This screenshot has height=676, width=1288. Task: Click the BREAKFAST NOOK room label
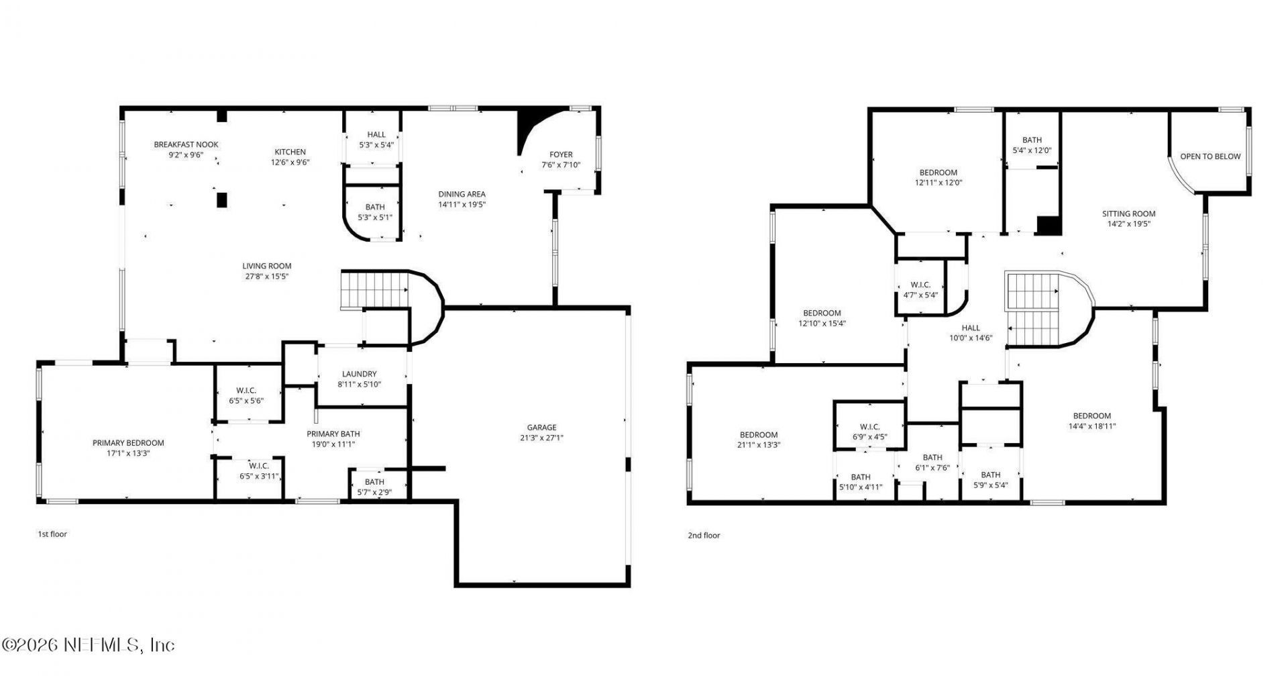coord(186,145)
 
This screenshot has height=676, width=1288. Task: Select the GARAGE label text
coord(541,428)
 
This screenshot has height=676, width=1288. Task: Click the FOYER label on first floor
coord(561,155)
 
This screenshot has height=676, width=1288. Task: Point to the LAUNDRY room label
coord(359,375)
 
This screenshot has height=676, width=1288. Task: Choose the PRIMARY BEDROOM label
coord(128,443)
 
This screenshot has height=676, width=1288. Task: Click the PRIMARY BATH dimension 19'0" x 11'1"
coord(333,444)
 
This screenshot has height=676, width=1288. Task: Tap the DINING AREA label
coord(462,195)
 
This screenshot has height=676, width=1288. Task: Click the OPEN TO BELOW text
coord(1210,156)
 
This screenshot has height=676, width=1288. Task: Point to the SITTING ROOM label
coord(1128,214)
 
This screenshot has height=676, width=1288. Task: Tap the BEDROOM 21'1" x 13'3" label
coord(759,440)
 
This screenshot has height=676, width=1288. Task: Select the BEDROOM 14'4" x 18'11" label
coord(1091,421)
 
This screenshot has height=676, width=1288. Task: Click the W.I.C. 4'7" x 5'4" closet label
coord(920,289)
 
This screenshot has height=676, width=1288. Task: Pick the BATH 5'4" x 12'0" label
coord(1032,145)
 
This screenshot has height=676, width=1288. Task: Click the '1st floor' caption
coord(52,534)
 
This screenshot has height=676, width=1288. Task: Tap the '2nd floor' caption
coord(704,536)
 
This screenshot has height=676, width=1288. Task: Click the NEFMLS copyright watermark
coord(89,645)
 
